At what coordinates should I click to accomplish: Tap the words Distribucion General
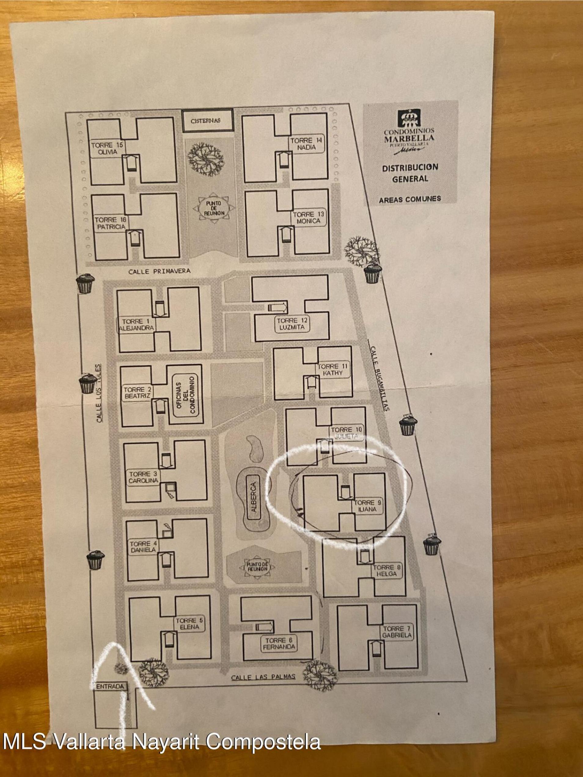point(410,173)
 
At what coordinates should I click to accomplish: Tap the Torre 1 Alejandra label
point(136,325)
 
